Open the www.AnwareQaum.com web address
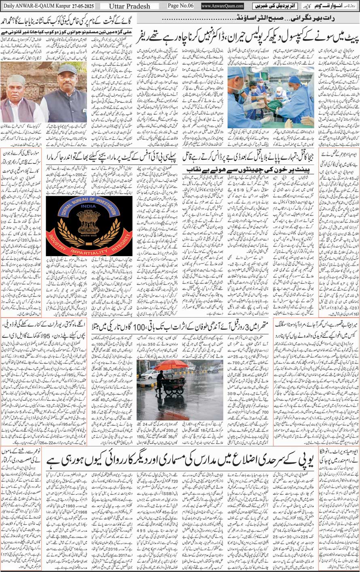[222, 6]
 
